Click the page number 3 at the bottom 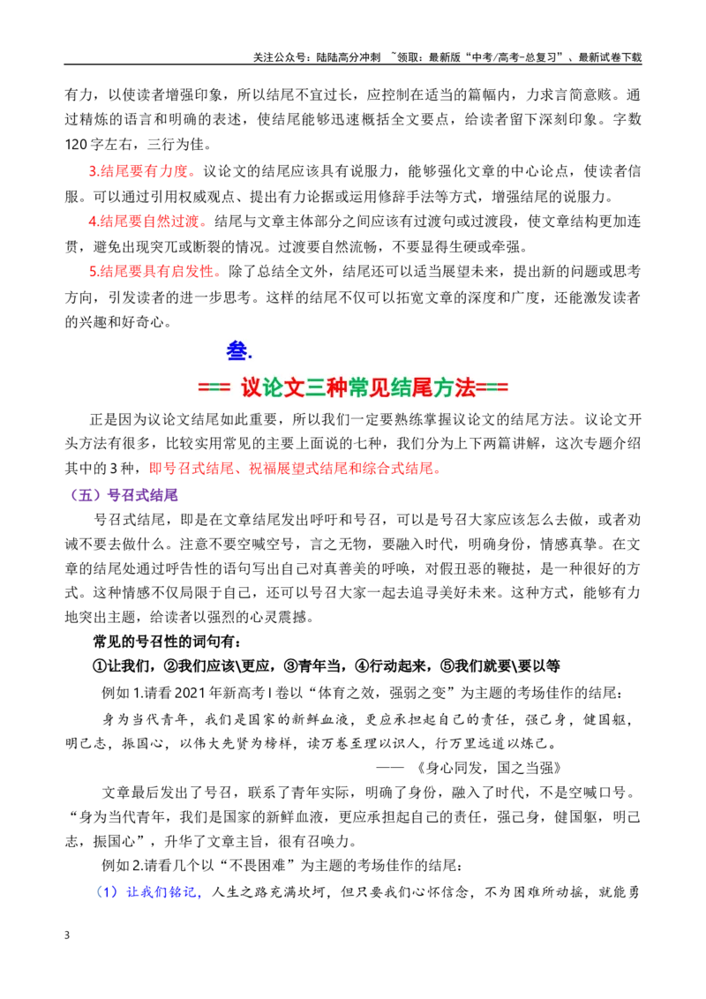67,935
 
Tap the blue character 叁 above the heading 237,351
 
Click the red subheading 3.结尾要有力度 139,171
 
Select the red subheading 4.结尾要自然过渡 145,222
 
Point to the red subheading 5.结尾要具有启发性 152,272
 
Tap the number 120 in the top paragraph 76,145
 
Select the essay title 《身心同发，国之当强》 488,768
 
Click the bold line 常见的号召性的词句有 166,641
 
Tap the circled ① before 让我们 100,665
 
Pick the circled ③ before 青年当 290,665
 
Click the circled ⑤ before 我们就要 448,665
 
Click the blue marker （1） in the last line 107,892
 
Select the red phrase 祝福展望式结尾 297,469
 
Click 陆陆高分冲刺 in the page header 348,57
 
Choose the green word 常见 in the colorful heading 368,387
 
